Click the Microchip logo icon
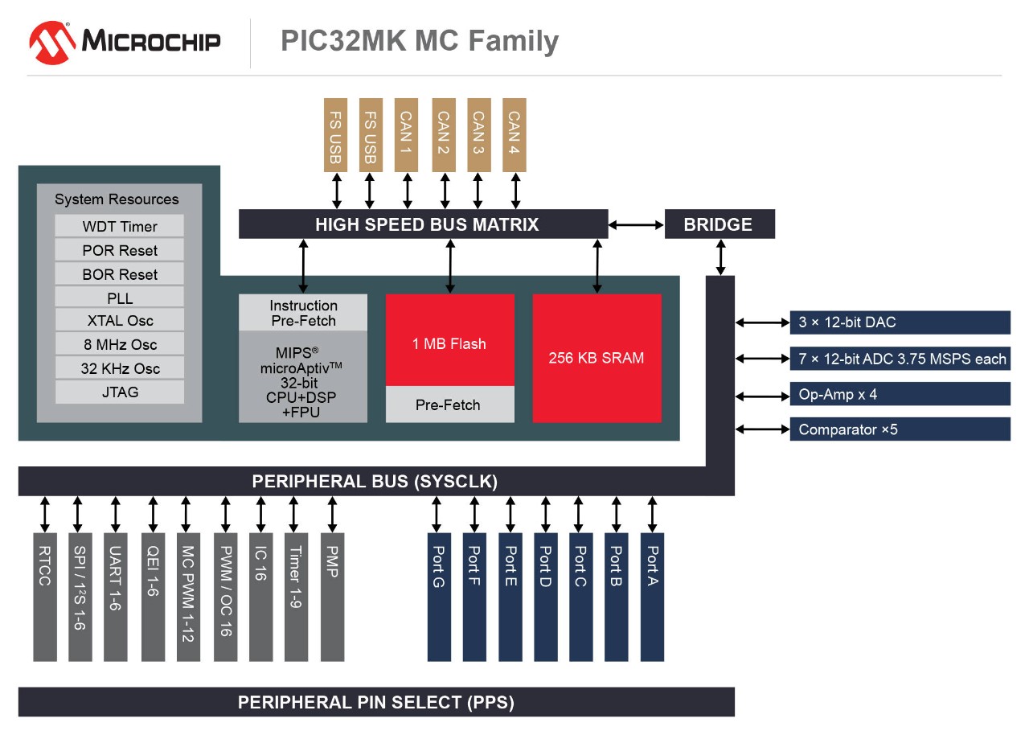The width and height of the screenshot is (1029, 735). (x=51, y=43)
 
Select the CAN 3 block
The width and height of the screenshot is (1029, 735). (x=479, y=134)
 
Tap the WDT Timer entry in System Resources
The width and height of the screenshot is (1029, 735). (x=120, y=226)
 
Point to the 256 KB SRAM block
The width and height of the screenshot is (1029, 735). (x=596, y=358)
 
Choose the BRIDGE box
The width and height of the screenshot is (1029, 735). (x=719, y=224)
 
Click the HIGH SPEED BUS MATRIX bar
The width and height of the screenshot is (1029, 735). (x=423, y=224)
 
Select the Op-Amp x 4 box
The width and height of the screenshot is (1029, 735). (x=900, y=395)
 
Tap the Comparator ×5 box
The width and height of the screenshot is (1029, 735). (x=900, y=429)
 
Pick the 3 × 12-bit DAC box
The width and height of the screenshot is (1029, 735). (x=900, y=322)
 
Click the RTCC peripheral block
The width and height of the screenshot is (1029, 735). (x=45, y=596)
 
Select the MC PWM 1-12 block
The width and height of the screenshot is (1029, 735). (x=188, y=596)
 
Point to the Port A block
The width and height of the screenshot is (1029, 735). (x=652, y=596)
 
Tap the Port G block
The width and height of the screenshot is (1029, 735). (x=439, y=596)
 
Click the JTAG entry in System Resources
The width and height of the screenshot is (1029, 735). (x=120, y=392)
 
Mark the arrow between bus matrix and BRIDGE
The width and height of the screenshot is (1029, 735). (x=636, y=225)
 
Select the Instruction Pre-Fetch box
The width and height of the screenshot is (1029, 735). (x=303, y=313)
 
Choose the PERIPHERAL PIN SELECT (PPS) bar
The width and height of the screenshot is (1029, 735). (x=376, y=702)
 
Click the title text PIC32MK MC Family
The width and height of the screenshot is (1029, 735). (x=419, y=41)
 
